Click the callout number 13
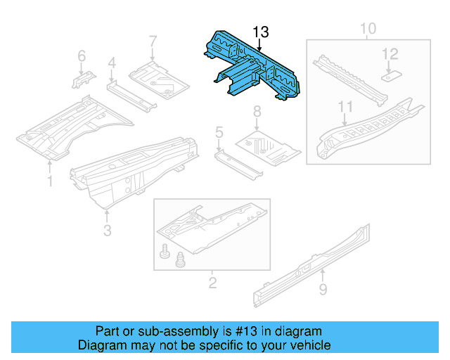(x=260, y=32)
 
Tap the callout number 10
(x=368, y=29)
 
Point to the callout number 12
(x=390, y=53)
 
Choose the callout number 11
(x=344, y=106)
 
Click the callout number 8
(x=257, y=110)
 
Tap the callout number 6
(x=82, y=56)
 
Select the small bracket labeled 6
(x=79, y=78)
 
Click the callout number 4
(x=111, y=65)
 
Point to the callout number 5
(x=219, y=131)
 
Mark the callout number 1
(x=50, y=182)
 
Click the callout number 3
(x=107, y=230)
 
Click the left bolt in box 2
(x=166, y=251)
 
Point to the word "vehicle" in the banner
(x=310, y=345)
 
